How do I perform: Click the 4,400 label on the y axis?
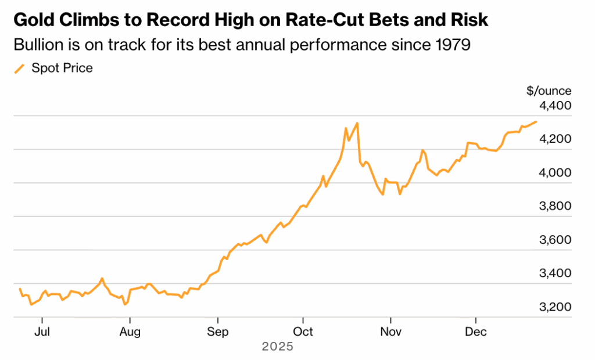coord(555,106)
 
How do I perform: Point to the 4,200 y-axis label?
coord(555,139)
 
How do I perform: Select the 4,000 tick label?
coord(555,173)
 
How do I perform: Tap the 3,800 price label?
coord(555,207)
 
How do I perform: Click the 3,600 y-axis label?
coord(555,240)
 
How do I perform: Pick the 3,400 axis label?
coord(555,273)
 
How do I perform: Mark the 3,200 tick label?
coord(555,307)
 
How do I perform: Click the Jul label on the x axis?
coord(42,332)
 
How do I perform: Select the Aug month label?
coord(130,332)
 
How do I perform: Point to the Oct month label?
coord(303,332)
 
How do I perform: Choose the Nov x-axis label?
coord(390,332)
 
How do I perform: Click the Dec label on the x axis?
coord(476,332)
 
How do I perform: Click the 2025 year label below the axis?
coord(278,347)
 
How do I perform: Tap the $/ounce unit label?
coord(549,91)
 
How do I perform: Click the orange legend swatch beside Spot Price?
coord(20,69)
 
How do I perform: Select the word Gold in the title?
coord(32,20)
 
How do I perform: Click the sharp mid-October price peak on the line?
coord(357,123)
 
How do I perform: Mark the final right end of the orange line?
coord(536,121)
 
